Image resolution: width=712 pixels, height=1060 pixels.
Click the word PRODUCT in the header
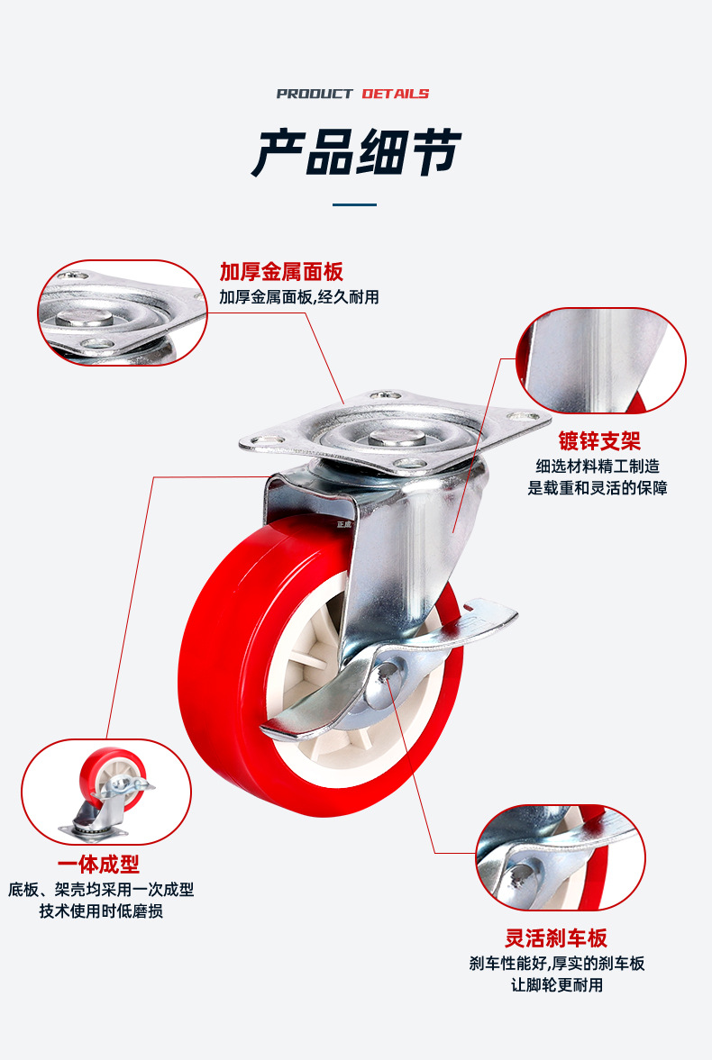314,94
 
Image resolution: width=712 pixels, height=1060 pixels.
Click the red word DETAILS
396,94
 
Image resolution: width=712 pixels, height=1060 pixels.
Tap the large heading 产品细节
356,153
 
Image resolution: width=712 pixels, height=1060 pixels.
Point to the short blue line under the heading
354,204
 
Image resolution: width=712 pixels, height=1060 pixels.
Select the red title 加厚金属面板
281,272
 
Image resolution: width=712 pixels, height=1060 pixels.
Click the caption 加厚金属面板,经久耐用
298,297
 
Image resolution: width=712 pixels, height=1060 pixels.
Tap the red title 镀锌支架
599,440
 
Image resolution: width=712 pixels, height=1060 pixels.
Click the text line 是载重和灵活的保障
598,487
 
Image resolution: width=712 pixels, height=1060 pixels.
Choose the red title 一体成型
98,864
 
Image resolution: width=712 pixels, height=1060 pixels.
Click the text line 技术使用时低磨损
101,911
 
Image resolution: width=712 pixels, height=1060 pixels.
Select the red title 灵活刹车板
556,938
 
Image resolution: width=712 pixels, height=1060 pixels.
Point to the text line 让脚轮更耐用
556,985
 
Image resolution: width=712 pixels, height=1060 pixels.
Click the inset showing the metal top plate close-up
123,313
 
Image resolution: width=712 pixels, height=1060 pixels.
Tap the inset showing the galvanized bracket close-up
601,360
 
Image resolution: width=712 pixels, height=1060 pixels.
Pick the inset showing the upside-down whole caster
106,792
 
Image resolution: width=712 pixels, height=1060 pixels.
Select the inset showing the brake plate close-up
561,857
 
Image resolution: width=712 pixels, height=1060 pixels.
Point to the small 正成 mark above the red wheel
344,524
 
